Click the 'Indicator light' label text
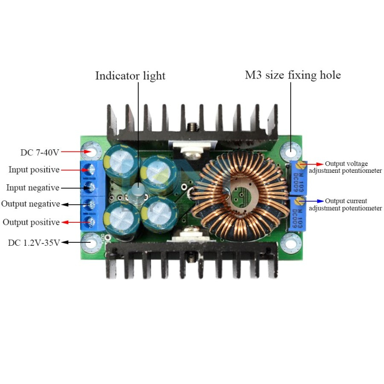130,76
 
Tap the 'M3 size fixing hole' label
293,76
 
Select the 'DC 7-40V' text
40,152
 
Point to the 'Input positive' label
34,170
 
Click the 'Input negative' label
33,188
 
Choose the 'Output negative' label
30,204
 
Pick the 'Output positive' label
31,222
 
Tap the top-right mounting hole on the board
291,151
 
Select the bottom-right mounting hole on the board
291,243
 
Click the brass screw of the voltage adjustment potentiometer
303,164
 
